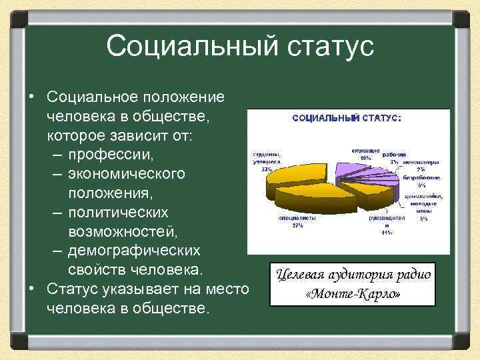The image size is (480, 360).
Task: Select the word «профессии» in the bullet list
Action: pyautogui.click(x=111, y=155)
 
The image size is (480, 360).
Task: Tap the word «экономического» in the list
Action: pyautogui.click(x=126, y=173)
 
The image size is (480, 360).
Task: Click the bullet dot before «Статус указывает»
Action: pyautogui.click(x=31, y=289)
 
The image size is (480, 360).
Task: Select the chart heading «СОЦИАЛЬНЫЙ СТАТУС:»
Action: pyautogui.click(x=347, y=118)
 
